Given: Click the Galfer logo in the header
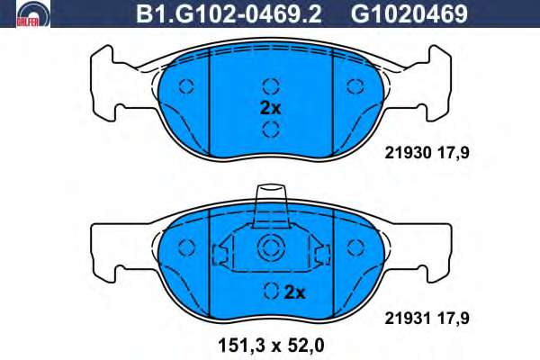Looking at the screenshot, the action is [33, 14].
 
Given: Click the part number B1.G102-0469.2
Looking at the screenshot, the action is [229, 14].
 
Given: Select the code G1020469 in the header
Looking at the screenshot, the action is [409, 14].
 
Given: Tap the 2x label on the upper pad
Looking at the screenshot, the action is [270, 108].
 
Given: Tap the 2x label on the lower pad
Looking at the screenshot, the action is [295, 292].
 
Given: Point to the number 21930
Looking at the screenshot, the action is [408, 153].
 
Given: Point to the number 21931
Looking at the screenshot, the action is [408, 319].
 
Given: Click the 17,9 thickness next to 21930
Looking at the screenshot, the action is [454, 153].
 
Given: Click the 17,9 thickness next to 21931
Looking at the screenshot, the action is [454, 319].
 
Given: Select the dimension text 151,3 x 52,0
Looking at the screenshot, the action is [272, 346].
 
